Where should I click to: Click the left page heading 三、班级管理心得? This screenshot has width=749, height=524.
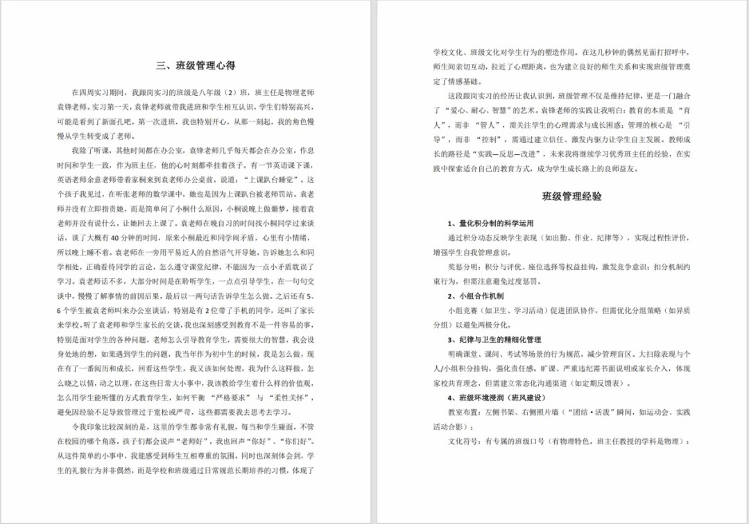196,66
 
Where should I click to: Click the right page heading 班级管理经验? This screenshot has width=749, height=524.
571,196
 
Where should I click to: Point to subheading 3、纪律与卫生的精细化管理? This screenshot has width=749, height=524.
494,340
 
